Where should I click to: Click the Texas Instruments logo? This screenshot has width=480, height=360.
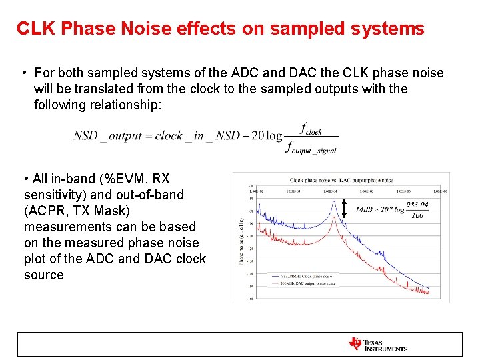coord(377,344)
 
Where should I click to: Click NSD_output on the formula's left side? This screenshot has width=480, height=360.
coord(107,135)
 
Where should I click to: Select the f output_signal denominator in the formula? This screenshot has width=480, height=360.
coord(311,148)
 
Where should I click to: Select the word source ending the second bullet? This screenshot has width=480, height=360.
coord(43,275)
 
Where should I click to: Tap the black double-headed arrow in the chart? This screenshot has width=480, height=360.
coord(344,209)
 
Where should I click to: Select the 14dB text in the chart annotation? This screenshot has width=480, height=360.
coord(365,209)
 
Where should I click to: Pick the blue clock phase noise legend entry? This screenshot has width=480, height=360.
coord(301,275)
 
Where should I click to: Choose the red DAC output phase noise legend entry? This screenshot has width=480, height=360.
coord(301,283)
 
